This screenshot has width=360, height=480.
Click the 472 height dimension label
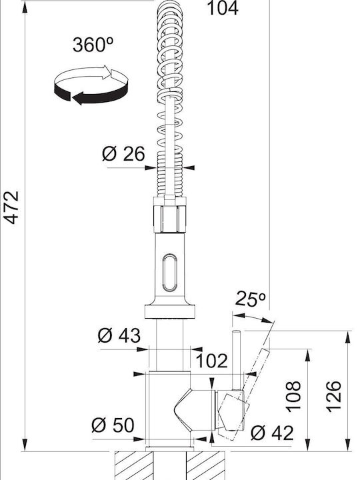[11, 207]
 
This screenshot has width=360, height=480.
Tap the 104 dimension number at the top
[223, 8]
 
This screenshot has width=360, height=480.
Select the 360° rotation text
[93, 45]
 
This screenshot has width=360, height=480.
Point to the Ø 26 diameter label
[123, 154]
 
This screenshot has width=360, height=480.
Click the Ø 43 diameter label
[119, 335]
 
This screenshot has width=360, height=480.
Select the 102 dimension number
[212, 361]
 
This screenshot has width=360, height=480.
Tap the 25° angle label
[251, 299]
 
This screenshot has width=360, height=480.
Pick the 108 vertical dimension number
[293, 396]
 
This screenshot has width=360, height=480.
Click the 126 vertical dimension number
[333, 397]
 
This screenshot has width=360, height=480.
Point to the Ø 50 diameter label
[113, 425]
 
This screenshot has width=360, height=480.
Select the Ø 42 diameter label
[272, 433]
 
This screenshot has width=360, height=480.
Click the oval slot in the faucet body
[169, 273]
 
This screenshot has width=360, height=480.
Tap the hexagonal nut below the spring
[169, 219]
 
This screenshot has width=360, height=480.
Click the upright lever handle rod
[236, 361]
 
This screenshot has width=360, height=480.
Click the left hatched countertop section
[134, 465]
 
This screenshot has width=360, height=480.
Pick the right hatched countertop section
[206, 465]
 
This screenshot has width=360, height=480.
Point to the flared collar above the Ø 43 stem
[169, 311]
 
